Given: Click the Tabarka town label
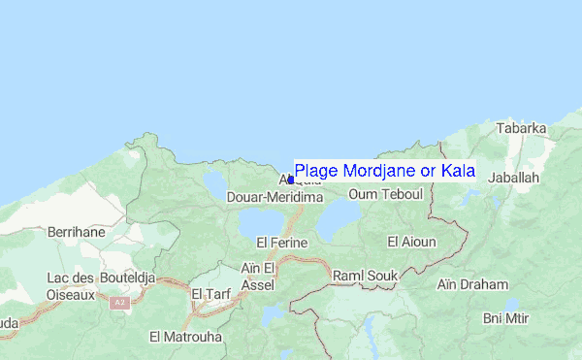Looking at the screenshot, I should pyautogui.click(x=521, y=128).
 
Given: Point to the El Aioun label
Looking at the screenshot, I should pyautogui.click(x=412, y=241).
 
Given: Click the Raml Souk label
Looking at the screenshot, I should pyautogui.click(x=366, y=277).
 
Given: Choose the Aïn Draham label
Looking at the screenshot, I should pyautogui.click(x=472, y=284).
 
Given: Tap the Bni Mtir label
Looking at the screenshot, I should pyautogui.click(x=507, y=318).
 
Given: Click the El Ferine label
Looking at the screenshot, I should pyautogui.click(x=281, y=242).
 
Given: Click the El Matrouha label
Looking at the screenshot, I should pyautogui.click(x=185, y=337).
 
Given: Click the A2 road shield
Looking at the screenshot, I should pyautogui.click(x=119, y=303).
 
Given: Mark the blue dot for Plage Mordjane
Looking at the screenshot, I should pyautogui.click(x=290, y=180).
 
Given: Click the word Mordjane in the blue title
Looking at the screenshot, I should pyautogui.click(x=377, y=171).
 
